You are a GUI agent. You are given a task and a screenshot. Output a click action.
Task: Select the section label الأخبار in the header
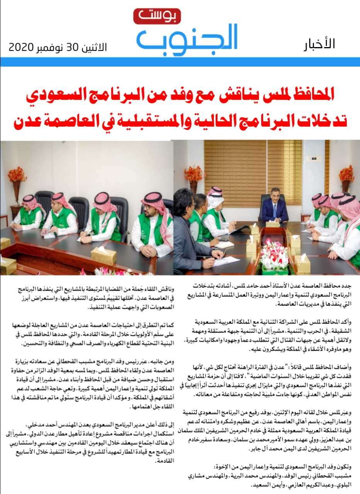[x=319, y=44]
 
